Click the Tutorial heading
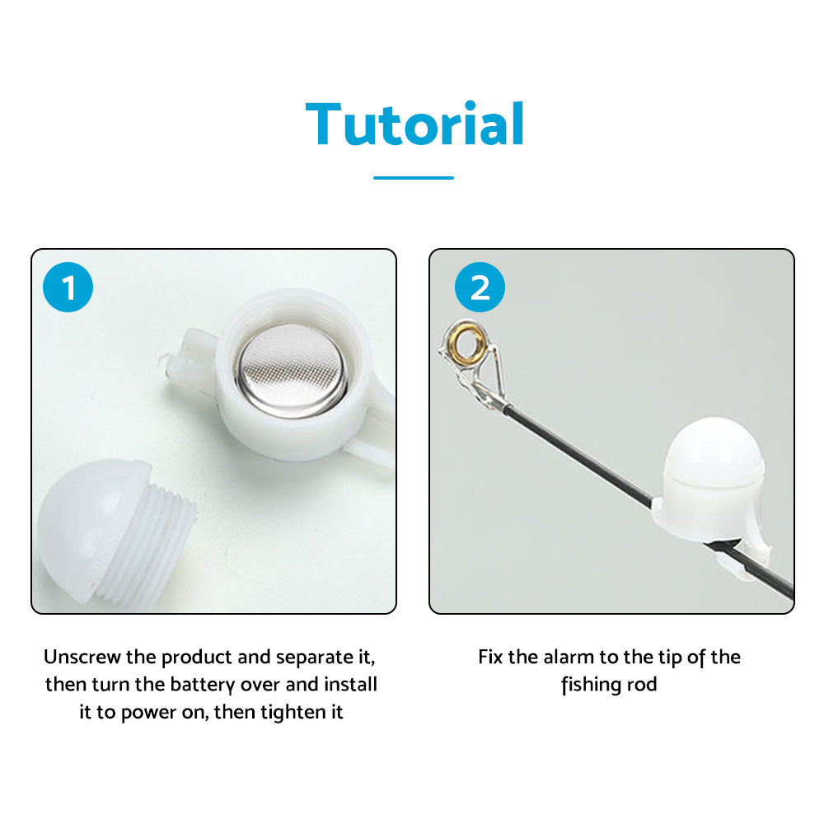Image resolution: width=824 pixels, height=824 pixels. pyautogui.click(x=414, y=124)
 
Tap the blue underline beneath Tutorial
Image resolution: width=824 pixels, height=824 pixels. pyautogui.click(x=414, y=178)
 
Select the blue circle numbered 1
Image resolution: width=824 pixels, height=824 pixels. pyautogui.click(x=68, y=287)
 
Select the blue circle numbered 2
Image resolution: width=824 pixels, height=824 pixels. pyautogui.click(x=480, y=287)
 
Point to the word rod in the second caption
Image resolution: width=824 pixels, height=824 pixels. pyautogui.click(x=642, y=684)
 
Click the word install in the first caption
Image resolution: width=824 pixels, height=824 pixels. pyautogui.click(x=350, y=684)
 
